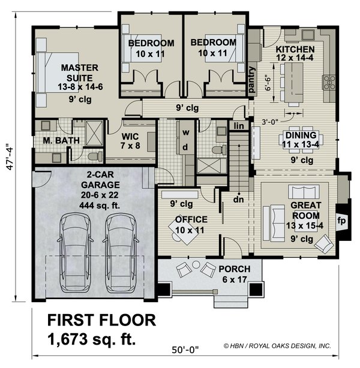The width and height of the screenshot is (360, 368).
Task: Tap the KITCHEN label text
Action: tap(295, 49)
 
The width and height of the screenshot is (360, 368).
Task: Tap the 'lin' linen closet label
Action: tap(239, 126)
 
